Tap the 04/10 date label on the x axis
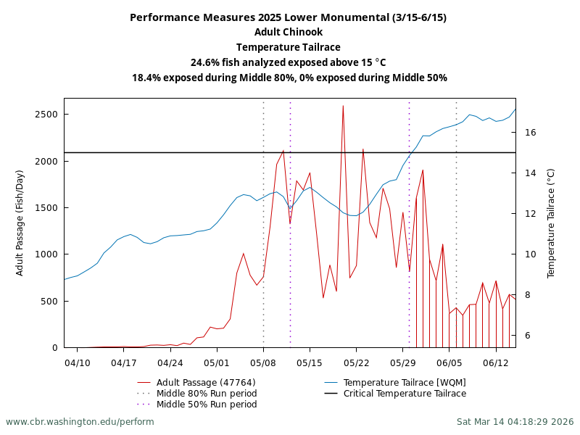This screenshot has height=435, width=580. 78,362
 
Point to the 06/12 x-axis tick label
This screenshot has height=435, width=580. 495,362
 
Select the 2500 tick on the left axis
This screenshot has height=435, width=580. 46,115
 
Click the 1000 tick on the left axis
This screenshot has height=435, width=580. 46,254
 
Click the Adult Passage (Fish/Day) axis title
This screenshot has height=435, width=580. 20,223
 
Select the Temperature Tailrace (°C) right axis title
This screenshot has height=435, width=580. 551,223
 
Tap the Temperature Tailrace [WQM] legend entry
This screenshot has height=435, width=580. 405,383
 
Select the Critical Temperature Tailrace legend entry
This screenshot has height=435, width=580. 405,394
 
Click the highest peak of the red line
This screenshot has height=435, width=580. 343,106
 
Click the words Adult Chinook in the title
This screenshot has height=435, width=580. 289,32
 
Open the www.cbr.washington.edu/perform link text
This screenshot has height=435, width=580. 80,422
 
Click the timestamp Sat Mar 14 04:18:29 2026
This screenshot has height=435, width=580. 515,422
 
